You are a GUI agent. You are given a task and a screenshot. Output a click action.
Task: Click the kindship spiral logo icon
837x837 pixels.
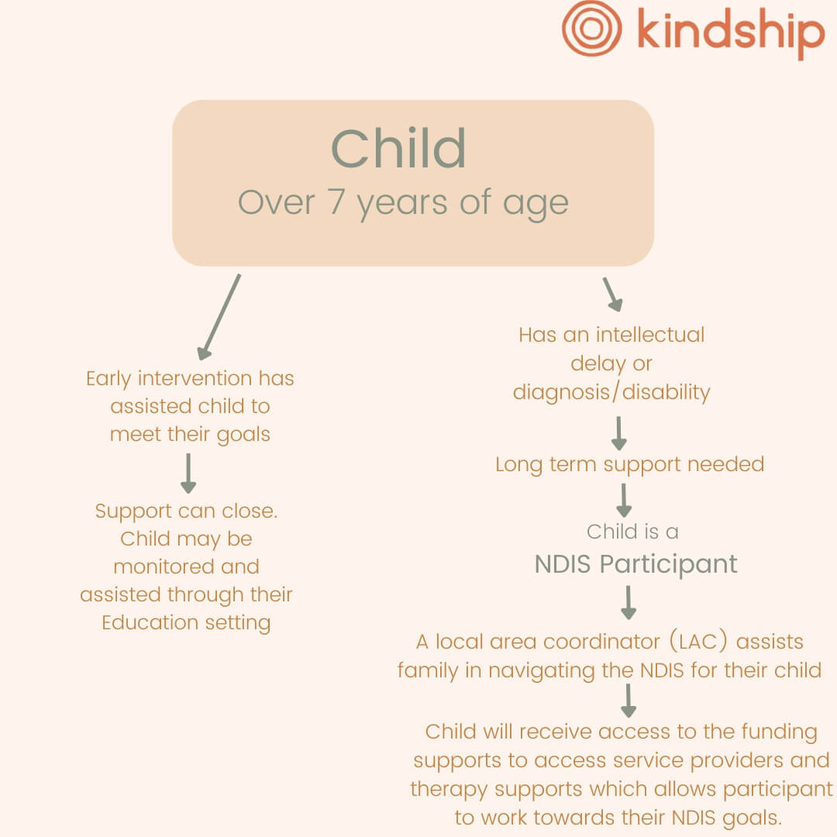591,29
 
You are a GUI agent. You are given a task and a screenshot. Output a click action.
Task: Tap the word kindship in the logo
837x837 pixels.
731,32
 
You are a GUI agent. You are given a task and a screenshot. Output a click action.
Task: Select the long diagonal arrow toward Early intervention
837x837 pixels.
219,317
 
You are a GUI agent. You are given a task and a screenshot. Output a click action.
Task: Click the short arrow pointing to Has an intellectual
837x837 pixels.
613,294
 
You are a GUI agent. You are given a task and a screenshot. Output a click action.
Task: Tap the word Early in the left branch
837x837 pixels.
108,379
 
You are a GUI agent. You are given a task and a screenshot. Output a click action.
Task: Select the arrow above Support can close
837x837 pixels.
188,474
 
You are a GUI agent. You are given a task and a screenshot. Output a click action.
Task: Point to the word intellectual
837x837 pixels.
650,335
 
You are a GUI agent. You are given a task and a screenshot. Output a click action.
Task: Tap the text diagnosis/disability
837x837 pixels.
611,392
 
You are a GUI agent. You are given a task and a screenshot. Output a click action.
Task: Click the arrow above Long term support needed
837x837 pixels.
618,433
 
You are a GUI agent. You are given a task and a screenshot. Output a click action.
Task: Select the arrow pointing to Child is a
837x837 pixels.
623,501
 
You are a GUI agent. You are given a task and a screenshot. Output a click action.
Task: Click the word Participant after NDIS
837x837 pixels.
668,565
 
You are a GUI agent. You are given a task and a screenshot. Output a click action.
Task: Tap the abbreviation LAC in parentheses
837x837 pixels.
699,642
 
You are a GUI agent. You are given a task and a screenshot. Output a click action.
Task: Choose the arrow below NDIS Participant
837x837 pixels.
629,603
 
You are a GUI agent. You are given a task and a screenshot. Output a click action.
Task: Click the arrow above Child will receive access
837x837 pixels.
629,701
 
